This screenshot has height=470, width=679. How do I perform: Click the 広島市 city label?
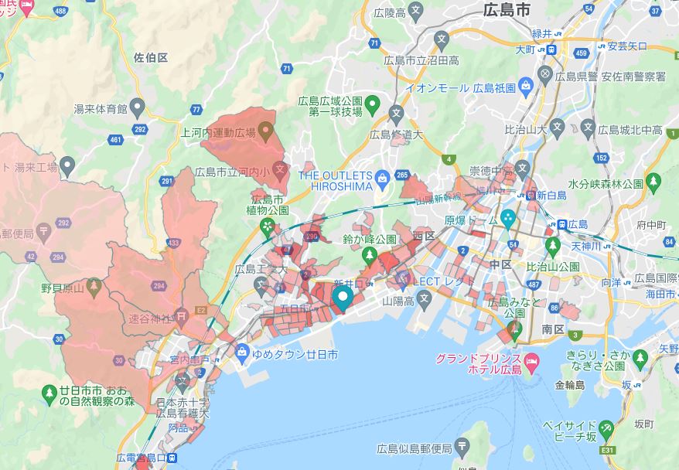click(x=507, y=10)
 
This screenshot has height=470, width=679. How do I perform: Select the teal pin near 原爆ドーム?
click(x=508, y=218)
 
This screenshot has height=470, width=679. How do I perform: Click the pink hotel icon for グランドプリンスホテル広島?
click(x=532, y=361)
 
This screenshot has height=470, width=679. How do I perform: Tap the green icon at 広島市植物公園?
click(x=268, y=226)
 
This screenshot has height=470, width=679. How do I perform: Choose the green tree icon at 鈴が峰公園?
click(x=370, y=254)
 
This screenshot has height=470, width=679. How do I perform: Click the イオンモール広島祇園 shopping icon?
click(x=525, y=83)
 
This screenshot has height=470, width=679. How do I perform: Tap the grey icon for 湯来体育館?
click(x=138, y=107)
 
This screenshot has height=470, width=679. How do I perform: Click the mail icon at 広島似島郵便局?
click(x=462, y=446)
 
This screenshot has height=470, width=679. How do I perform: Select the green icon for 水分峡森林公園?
click(x=653, y=183)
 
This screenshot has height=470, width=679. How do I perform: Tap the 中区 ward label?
click(x=500, y=264)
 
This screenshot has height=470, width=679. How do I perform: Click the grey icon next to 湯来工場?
click(x=67, y=165)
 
